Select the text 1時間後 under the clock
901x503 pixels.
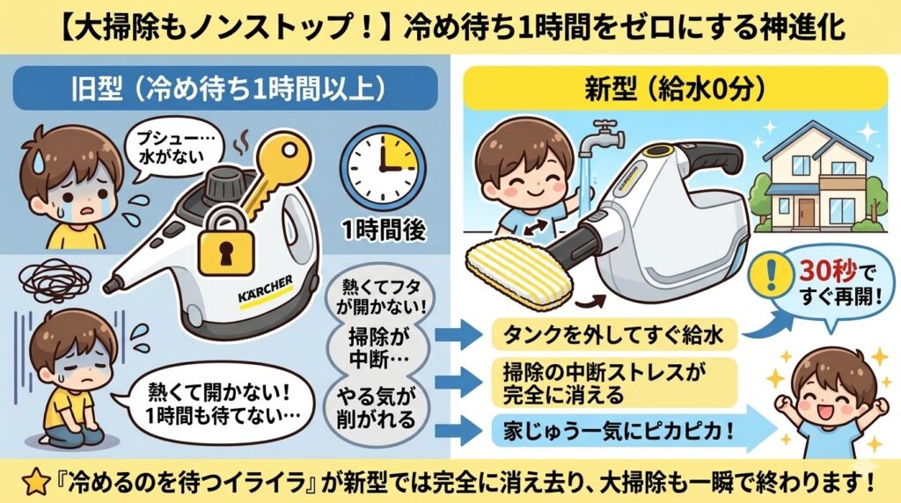point(385,230)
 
